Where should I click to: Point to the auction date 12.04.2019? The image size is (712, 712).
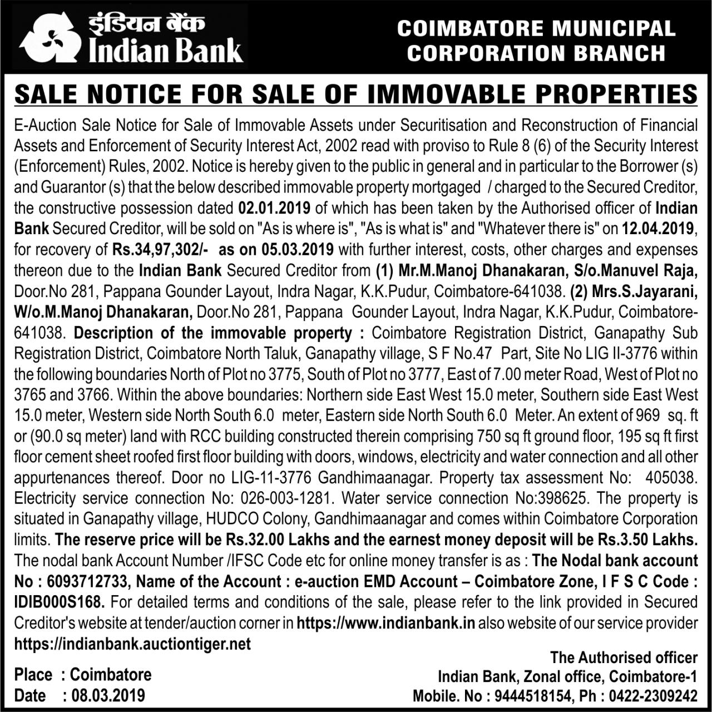(x=658, y=229)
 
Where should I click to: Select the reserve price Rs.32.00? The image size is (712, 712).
(x=255, y=540)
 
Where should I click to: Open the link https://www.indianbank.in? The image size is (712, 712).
(x=386, y=623)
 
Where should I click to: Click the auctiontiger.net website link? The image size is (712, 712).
(x=132, y=644)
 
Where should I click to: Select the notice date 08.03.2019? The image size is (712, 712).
(x=107, y=695)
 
